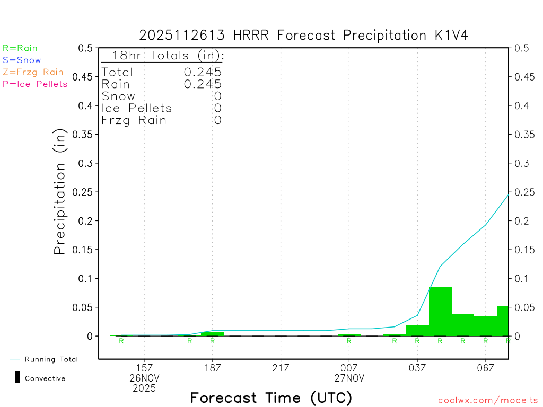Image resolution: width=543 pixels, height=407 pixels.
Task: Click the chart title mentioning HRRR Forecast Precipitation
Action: pyautogui.click(x=303, y=36)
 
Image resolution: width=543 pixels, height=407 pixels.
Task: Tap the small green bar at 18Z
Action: pyautogui.click(x=212, y=334)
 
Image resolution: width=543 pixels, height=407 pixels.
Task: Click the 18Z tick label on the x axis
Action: pyautogui.click(x=212, y=367)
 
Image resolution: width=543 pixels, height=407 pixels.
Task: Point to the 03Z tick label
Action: pyautogui.click(x=417, y=367)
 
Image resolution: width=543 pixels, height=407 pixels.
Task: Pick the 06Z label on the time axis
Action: pyautogui.click(x=486, y=367)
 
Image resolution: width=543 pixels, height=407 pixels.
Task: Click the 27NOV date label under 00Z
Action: pyautogui.click(x=349, y=378)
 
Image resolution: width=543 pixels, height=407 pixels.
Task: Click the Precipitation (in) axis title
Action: pyautogui.click(x=60, y=192)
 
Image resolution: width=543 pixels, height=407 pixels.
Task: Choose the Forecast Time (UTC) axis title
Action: pyautogui.click(x=271, y=397)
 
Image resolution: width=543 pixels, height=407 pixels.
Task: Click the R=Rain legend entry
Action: pyautogui.click(x=20, y=48)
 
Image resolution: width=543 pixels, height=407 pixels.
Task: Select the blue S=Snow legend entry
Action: pyautogui.click(x=22, y=60)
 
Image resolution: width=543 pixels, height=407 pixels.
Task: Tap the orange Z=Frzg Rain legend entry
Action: pyautogui.click(x=33, y=72)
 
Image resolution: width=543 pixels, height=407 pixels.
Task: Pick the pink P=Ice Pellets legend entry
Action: pyautogui.click(x=35, y=84)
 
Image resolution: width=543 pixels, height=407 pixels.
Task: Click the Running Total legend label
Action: pyautogui.click(x=51, y=359)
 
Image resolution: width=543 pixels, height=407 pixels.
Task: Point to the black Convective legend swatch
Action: pyautogui.click(x=17, y=378)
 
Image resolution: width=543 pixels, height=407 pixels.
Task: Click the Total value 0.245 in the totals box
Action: pyautogui.click(x=203, y=72)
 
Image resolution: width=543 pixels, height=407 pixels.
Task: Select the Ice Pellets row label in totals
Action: pyautogui.click(x=137, y=108)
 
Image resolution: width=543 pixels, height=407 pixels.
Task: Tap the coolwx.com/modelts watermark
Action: pyautogui.click(x=488, y=400)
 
